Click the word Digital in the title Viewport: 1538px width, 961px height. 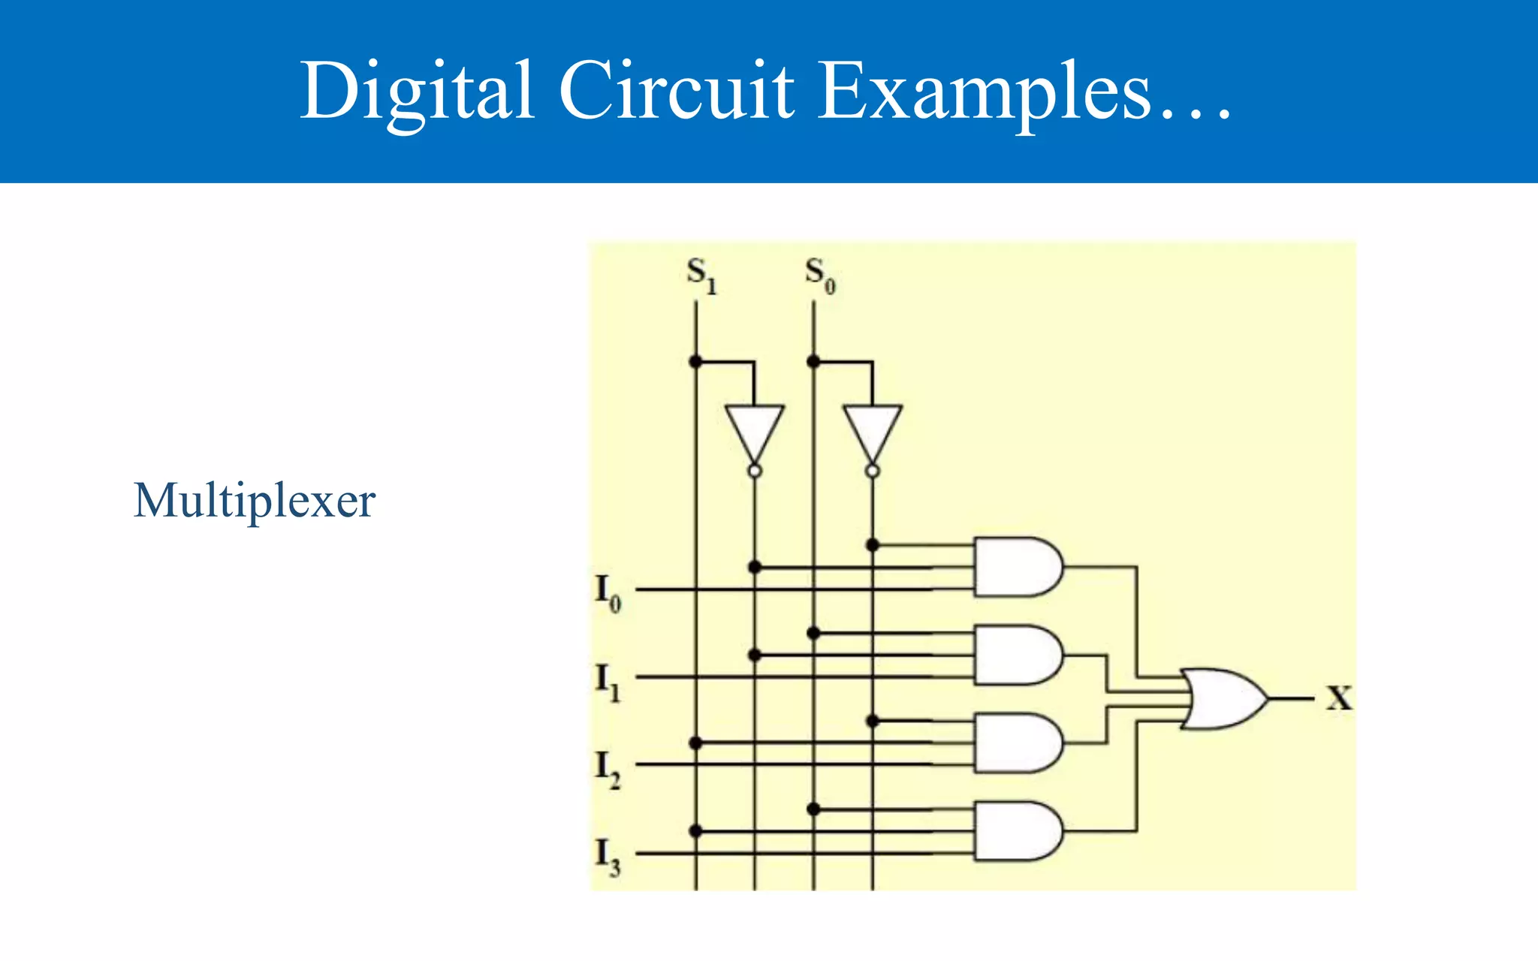point(417,92)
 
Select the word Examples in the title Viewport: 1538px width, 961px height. point(984,92)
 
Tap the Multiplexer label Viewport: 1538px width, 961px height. point(254,501)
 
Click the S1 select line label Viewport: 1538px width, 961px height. point(701,275)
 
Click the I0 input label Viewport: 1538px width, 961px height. point(608,592)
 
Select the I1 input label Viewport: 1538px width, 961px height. point(608,681)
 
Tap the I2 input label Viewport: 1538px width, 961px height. point(608,769)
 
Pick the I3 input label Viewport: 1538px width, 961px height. point(608,857)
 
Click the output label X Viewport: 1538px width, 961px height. point(1339,698)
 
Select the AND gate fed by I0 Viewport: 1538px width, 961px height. point(1016,567)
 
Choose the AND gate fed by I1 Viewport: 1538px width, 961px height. point(1016,655)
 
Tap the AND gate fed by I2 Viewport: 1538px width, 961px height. point(1016,743)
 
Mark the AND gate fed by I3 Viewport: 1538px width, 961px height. point(1016,830)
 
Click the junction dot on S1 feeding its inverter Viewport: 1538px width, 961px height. point(695,362)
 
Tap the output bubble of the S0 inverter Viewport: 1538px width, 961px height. point(872,471)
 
